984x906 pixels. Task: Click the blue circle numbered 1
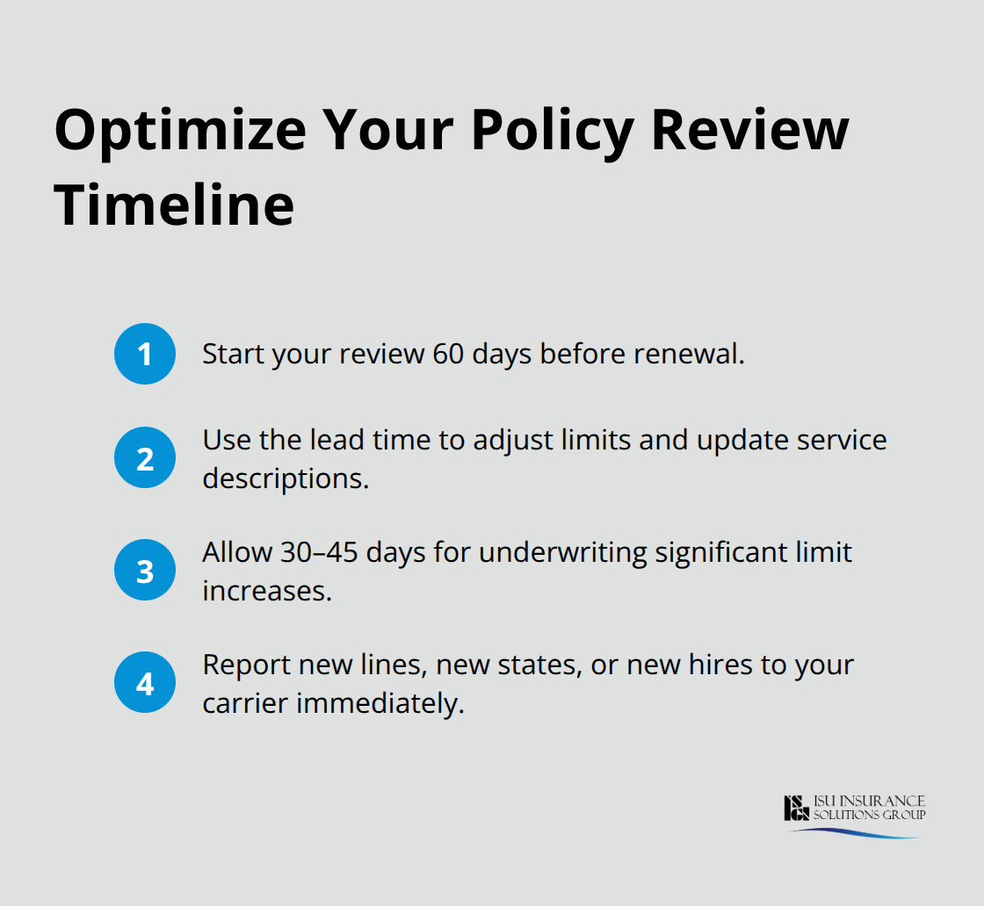[145, 354]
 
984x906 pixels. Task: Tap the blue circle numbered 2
[145, 457]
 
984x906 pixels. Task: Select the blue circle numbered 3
[145, 570]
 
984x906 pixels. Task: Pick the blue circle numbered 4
[145, 681]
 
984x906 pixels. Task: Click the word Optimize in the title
[180, 131]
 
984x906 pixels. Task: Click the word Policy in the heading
[553, 131]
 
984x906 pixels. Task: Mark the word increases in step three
[267, 592]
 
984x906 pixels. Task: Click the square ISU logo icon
[796, 808]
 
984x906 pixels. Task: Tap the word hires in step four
[722, 665]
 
